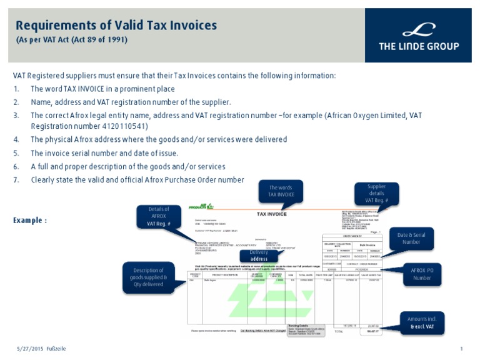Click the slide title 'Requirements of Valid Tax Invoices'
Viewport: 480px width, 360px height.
coord(116,26)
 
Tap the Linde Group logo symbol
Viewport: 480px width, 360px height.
coord(418,29)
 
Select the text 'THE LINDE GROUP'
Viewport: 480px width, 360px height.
coord(418,46)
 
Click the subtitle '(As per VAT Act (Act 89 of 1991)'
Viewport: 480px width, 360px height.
coord(71,40)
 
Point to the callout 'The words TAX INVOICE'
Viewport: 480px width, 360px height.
coord(281,191)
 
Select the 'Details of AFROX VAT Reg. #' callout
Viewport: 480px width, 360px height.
coord(159,216)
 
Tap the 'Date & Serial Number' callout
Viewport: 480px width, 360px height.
coord(411,238)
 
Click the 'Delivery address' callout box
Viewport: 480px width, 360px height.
coord(259,256)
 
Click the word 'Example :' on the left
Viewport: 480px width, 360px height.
coord(30,221)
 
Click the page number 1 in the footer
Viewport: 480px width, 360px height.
coord(461,348)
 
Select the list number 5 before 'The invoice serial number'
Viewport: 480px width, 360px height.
coord(16,153)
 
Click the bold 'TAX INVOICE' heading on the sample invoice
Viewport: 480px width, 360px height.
coord(272,214)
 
